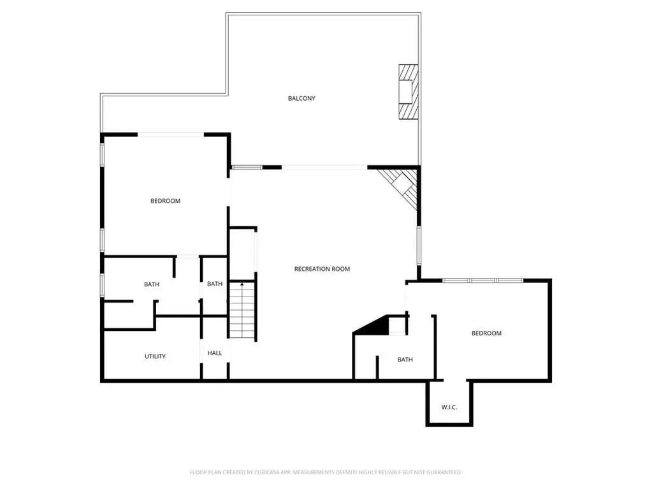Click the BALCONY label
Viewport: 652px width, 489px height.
pos(301,99)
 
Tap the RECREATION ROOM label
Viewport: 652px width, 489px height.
pos(322,269)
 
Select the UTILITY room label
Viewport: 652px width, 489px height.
pos(155,356)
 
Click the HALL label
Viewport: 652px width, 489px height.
pos(215,353)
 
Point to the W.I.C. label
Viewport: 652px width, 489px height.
pos(449,407)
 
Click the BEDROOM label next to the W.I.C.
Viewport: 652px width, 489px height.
pos(486,333)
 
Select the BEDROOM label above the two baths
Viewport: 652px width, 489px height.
pos(166,201)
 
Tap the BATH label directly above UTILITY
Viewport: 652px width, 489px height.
pos(151,284)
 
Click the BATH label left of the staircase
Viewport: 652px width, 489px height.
pos(215,284)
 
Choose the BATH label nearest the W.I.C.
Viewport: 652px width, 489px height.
pos(405,360)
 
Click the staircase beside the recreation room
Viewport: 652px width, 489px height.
pos(242,310)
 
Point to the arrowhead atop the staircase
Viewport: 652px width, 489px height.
pos(242,284)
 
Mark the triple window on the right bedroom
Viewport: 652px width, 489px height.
pos(482,281)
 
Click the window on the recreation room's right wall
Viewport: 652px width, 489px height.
pos(419,245)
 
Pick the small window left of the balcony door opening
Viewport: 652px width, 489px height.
pos(247,168)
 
